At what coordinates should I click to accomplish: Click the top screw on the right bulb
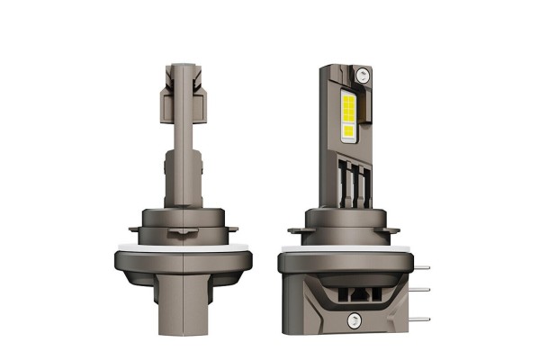click(x=362, y=74)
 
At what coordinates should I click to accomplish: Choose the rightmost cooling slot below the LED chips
click(x=364, y=184)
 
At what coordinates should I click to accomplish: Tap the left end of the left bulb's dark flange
click(x=118, y=261)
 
